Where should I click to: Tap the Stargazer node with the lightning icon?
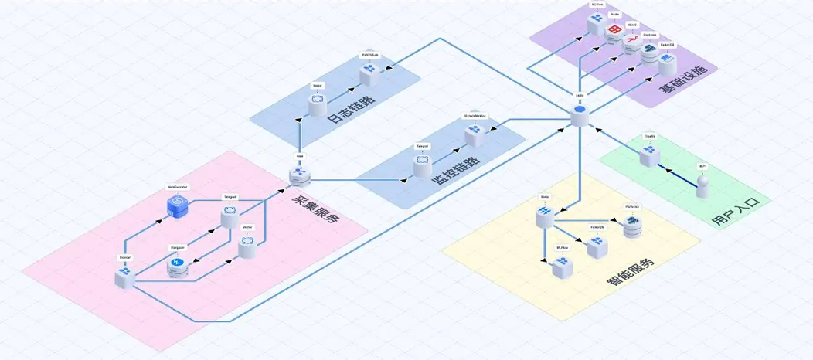click(x=178, y=266)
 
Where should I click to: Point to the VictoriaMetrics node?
click(x=475, y=134)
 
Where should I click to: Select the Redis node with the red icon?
click(x=615, y=30)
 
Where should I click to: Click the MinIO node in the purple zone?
click(x=632, y=41)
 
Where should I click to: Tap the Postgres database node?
click(x=650, y=52)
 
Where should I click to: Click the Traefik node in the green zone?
click(x=649, y=155)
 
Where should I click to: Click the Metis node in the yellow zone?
click(x=544, y=217)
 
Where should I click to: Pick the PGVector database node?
click(x=633, y=226)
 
